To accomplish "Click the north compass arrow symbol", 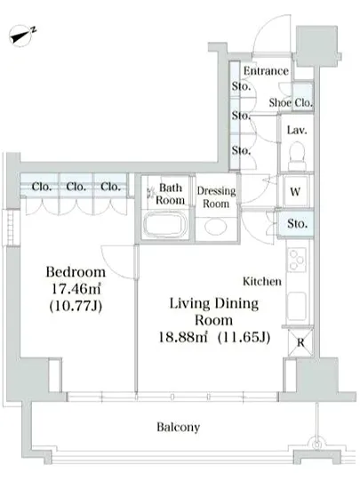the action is [x=22, y=36].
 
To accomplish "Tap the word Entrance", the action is [x=266, y=71].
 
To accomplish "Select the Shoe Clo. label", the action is [x=291, y=102].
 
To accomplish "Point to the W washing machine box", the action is [x=295, y=191].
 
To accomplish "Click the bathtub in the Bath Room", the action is [x=164, y=225].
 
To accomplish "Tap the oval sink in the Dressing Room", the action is [x=216, y=227].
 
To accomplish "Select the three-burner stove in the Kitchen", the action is [x=296, y=260].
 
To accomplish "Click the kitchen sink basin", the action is [x=296, y=306].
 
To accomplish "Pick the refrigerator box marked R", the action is [x=300, y=342].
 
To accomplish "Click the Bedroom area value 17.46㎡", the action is [x=76, y=289].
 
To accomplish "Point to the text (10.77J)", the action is [x=76, y=306].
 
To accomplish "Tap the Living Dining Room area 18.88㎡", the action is [x=183, y=337].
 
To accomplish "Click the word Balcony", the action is [x=179, y=427].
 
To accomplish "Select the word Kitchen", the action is [x=262, y=281].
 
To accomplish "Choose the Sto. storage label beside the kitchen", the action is [x=297, y=223].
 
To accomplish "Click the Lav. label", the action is [x=297, y=130].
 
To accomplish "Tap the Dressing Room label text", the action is [x=216, y=197].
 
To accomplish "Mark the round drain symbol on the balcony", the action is [x=317, y=444].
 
